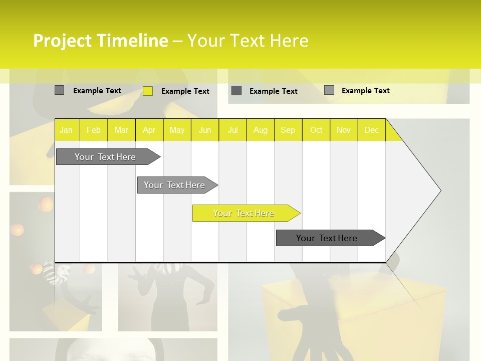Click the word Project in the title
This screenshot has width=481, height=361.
pos(63,41)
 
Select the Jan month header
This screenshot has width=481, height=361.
pos(66,130)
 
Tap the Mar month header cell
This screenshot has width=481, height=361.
pos(121,130)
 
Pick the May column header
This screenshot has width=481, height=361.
pos(177,130)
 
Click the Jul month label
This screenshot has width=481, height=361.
pos(232,130)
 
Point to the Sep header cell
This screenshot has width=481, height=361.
pos(288,130)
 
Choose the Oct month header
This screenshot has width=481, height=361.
pos(316,130)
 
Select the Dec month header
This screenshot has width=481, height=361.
pos(371,130)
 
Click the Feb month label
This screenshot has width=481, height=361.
pos(94,130)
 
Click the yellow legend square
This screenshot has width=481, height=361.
pos(148,91)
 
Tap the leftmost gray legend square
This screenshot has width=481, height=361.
pos(59,90)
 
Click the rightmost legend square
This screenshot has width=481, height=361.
pos(329,90)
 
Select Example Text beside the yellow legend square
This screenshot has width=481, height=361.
pos(185,91)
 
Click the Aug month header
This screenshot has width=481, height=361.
pos(260,130)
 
